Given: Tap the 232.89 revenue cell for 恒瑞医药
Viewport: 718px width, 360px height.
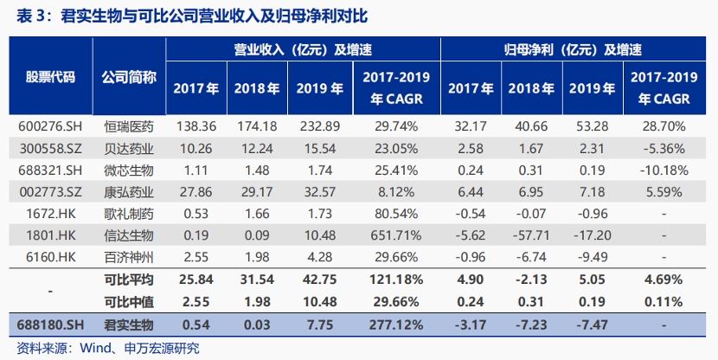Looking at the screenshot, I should click(x=319, y=126).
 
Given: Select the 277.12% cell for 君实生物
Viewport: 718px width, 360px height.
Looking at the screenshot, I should click(x=396, y=325).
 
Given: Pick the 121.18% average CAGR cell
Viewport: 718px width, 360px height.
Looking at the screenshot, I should click(x=396, y=280).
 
